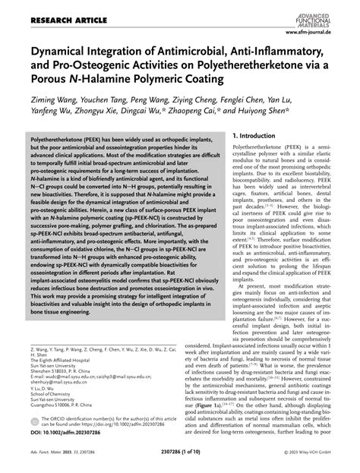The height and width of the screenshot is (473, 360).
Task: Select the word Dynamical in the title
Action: (52, 51)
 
